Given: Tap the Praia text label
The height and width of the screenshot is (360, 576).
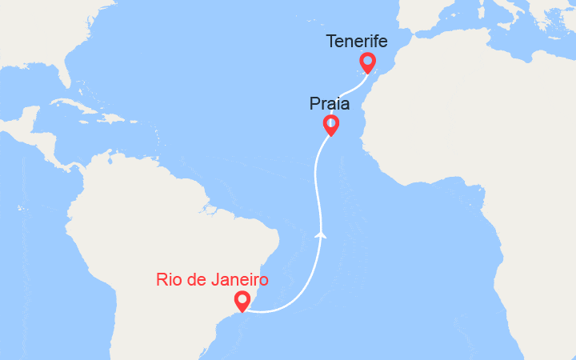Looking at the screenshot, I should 328,103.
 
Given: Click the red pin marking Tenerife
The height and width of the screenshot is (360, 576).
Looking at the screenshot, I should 367,62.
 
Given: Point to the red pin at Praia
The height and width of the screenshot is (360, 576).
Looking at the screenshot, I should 330,124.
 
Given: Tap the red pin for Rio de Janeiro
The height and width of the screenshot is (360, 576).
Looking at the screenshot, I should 242,301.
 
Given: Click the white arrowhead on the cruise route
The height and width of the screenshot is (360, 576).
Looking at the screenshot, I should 321,234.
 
